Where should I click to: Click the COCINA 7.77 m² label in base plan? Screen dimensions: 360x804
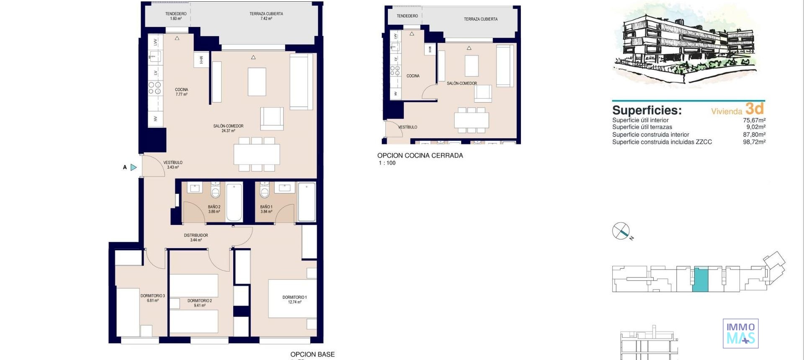tap(181, 92)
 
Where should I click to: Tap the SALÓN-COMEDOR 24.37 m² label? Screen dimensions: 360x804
tap(228, 128)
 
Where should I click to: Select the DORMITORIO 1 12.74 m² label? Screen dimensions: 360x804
tap(294, 299)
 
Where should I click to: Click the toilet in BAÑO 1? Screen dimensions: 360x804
tap(265, 191)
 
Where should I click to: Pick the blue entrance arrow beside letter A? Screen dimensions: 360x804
tap(134, 167)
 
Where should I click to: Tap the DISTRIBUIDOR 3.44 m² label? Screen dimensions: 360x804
tap(196, 237)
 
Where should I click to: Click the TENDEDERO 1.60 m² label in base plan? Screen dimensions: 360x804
tap(176, 16)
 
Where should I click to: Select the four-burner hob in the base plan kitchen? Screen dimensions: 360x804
tap(155, 88)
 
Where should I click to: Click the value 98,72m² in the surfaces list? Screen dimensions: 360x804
tap(754, 142)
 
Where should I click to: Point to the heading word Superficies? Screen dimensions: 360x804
tap(647, 111)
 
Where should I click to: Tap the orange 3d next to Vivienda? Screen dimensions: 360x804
tap(755, 109)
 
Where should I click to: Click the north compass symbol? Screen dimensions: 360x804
tap(621, 231)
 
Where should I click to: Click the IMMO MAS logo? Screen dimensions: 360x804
tap(740, 333)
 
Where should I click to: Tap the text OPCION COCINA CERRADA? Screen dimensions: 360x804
tap(420, 155)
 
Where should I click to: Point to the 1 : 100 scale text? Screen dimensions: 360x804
tap(387, 163)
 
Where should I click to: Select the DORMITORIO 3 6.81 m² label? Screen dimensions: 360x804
tap(152, 298)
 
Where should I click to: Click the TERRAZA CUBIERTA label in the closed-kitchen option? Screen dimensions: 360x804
tap(480, 19)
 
